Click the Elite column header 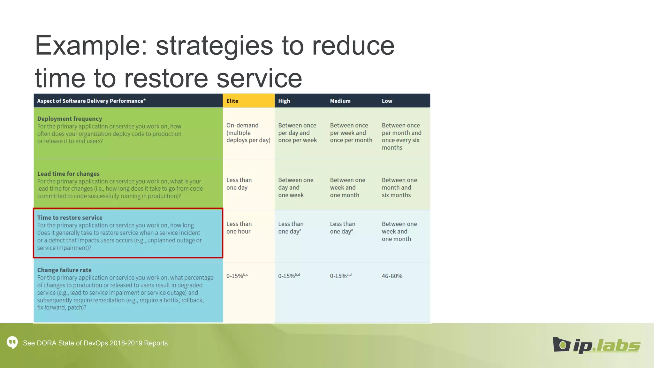tap(232, 101)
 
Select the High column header tap(284, 101)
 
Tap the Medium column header tap(340, 101)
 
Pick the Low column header tap(387, 101)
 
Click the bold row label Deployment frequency tap(70, 119)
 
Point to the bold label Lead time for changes tap(68, 174)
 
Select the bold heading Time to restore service tap(70, 218)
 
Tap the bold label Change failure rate tap(64, 270)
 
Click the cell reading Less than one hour tap(239, 228)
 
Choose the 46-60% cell tap(392, 276)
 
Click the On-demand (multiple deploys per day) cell tap(248, 133)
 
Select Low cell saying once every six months tap(401, 137)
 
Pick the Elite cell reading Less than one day tap(239, 184)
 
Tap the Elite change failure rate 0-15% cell tap(237, 276)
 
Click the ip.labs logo tap(596, 345)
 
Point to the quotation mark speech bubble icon tap(12, 343)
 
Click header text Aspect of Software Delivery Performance tap(91, 101)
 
